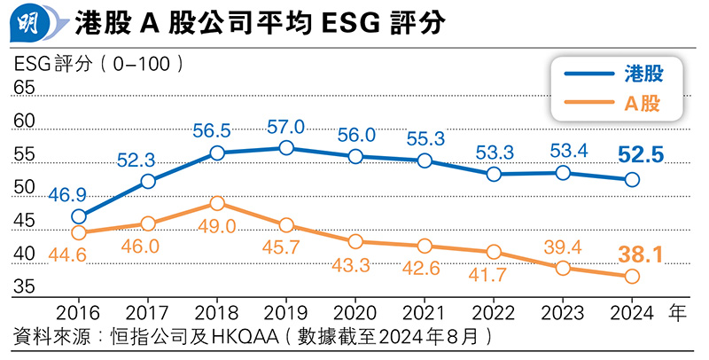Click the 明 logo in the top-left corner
[x=30, y=20]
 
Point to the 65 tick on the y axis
[x=23, y=88]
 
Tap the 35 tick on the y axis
[x=23, y=287]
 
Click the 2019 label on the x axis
[x=285, y=313]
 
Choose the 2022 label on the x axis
[x=495, y=313]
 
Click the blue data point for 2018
[x=217, y=153]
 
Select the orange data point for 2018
[x=217, y=203]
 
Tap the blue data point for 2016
[x=79, y=216]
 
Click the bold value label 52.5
[x=640, y=156]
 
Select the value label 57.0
[x=285, y=127]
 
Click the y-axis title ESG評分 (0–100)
[x=98, y=63]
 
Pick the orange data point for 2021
[x=425, y=246]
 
